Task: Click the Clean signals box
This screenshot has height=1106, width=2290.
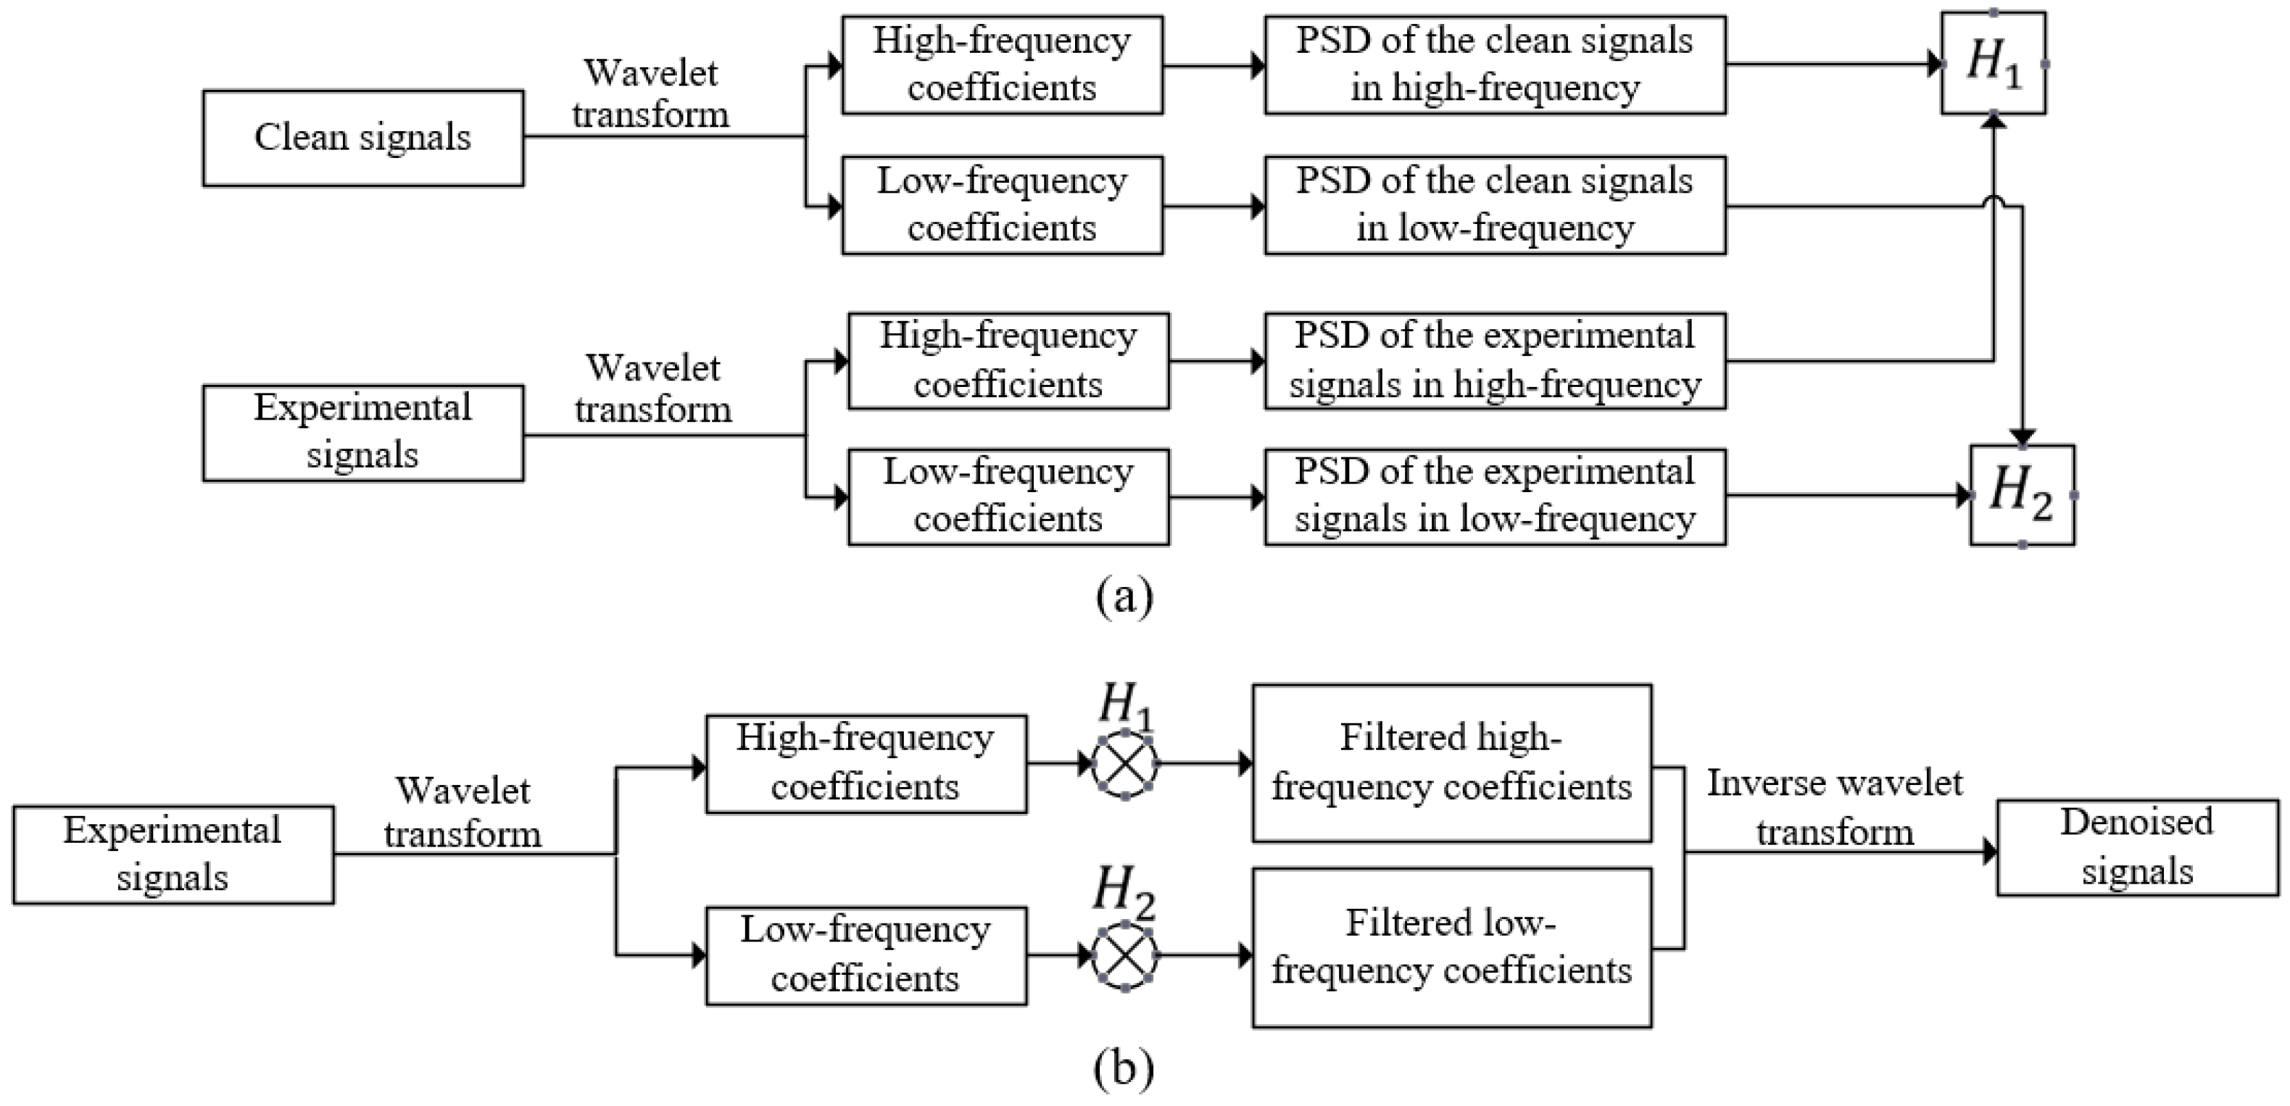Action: (362, 138)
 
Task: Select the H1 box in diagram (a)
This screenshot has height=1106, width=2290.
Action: (1993, 63)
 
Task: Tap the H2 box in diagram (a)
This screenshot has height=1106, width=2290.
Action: (2022, 495)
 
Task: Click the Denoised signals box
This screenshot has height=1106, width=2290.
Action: (2137, 847)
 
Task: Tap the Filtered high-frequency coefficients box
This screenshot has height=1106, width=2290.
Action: (1452, 762)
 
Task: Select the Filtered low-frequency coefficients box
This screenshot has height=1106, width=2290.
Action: (1452, 948)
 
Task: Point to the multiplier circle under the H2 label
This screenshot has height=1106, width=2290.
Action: (1124, 956)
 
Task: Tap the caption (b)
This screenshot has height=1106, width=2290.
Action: (1124, 1068)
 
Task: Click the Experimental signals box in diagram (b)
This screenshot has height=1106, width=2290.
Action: (173, 855)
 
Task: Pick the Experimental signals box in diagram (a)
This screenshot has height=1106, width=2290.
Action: (362, 433)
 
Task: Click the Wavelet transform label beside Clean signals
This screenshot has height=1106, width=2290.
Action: (651, 93)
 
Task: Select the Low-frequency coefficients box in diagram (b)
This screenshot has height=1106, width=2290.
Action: (866, 956)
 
